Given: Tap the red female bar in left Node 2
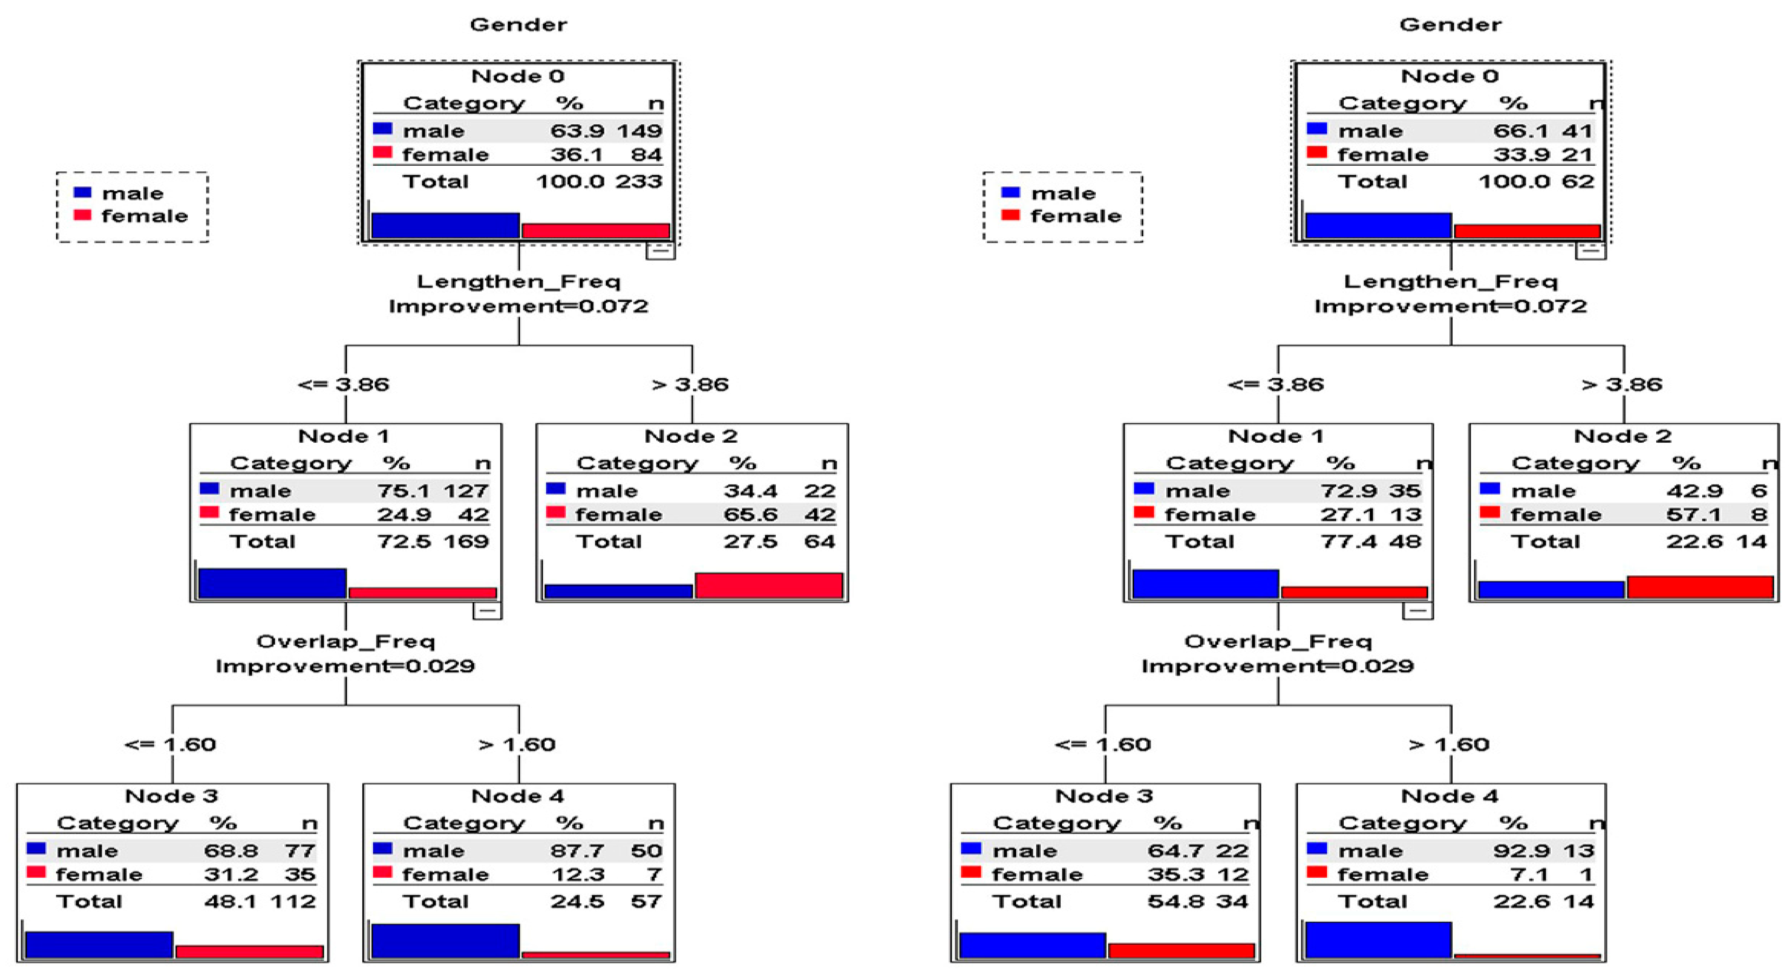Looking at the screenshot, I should pos(768,586).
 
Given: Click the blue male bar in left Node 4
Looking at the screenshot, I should pos(445,941).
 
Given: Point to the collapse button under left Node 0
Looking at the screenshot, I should pos(660,251).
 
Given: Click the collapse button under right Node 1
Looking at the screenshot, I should pos(1417,611).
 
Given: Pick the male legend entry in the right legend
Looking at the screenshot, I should pos(1062,193).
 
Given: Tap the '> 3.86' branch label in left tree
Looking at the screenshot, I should pos(690,385).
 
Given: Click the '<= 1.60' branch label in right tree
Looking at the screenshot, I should pos(1103,745).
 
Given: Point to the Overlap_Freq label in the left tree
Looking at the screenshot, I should pos(345,642).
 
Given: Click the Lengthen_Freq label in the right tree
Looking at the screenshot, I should pos(1450,282).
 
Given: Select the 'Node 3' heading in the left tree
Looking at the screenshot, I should pos(171,796).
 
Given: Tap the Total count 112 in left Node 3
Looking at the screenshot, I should pos(293,902).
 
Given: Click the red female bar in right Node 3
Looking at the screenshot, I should pos(1181,951).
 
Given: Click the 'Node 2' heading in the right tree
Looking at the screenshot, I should pos(1622,436).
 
